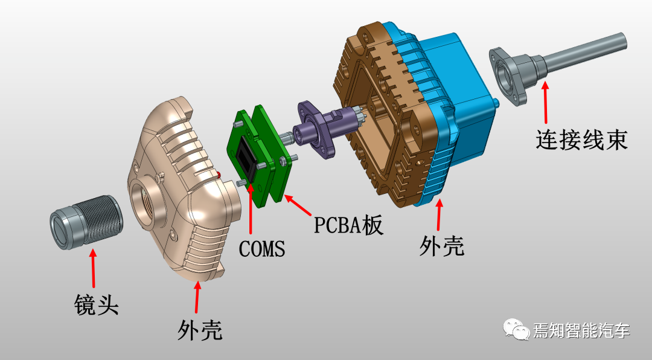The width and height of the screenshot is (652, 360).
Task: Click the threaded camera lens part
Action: click(x=86, y=223)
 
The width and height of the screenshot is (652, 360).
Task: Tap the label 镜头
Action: click(x=97, y=304)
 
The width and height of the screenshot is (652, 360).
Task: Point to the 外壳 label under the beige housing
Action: click(x=200, y=330)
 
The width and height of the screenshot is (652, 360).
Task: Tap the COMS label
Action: click(x=262, y=249)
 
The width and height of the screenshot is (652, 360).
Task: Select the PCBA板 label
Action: click(x=348, y=225)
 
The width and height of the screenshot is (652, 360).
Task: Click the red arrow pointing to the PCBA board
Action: click(x=297, y=205)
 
